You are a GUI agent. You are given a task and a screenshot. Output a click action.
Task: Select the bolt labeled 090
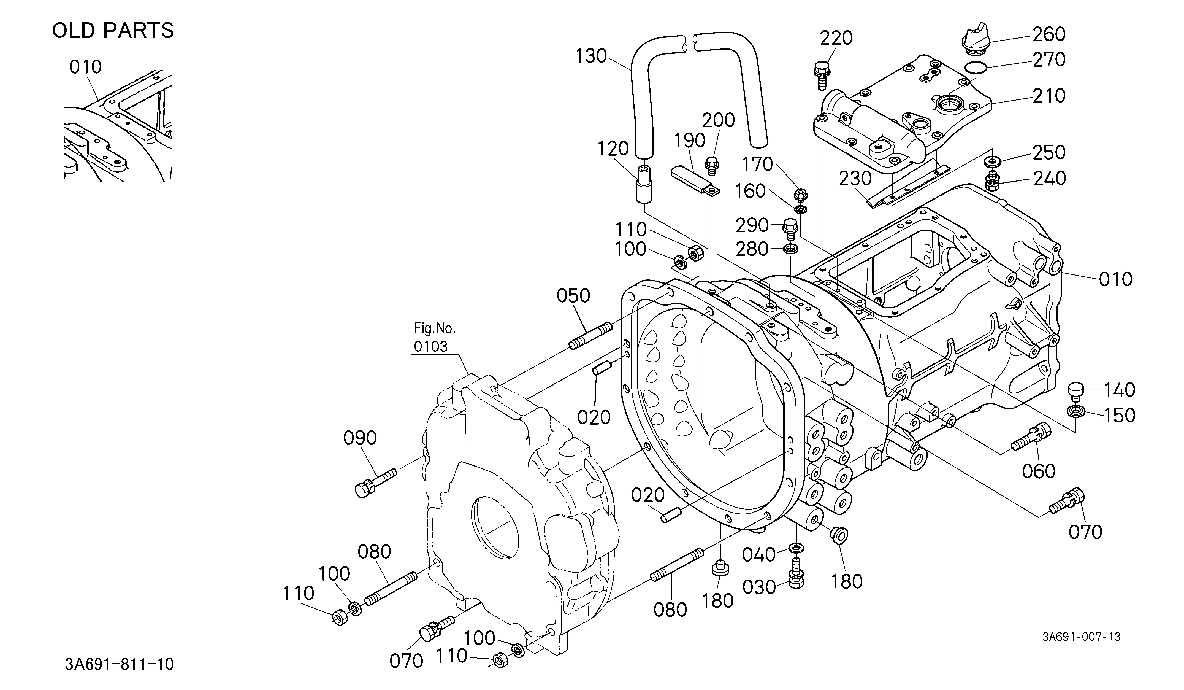pyautogui.click(x=375, y=482)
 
